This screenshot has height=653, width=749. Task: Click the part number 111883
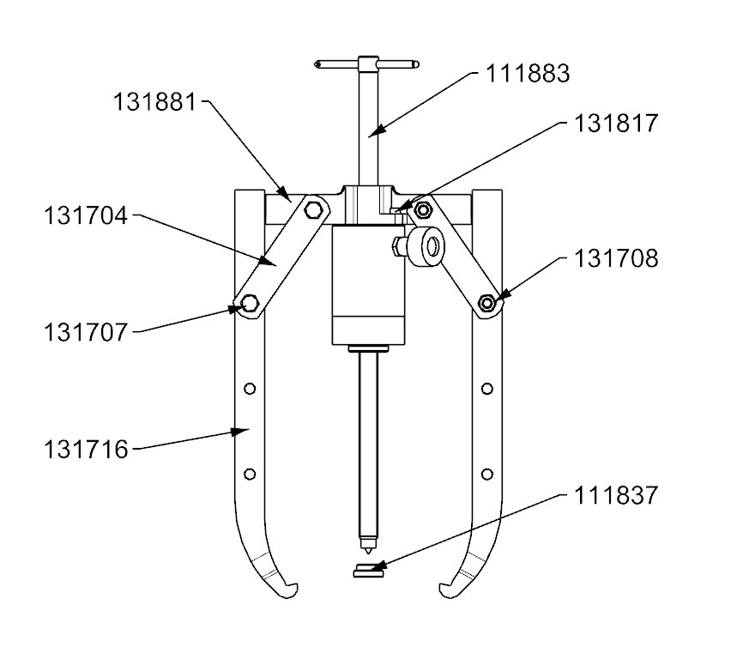click(x=527, y=74)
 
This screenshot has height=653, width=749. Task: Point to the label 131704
click(x=85, y=216)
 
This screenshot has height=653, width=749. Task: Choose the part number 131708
click(x=616, y=258)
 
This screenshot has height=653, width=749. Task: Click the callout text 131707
click(x=86, y=332)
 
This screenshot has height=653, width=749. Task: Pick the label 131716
click(x=85, y=449)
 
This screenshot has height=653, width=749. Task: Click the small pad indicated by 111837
click(x=367, y=571)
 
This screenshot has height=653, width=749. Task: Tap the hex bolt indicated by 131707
click(x=250, y=303)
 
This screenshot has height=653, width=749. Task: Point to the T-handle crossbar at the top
click(x=367, y=63)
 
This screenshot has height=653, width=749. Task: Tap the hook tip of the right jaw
click(x=444, y=590)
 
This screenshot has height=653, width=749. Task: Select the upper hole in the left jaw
click(x=250, y=389)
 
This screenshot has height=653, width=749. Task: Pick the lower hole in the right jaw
click(x=486, y=474)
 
